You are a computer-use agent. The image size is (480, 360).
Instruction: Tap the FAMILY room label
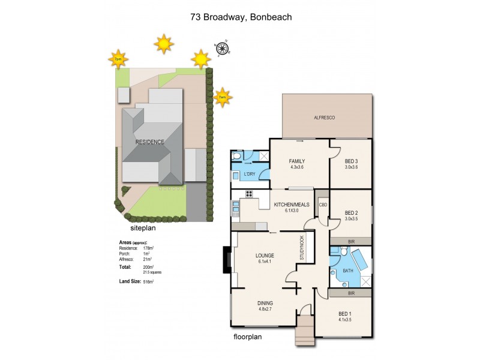tap(296, 161)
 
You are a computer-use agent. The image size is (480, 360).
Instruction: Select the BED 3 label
tap(351, 161)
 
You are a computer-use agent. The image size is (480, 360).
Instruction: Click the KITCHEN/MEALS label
tap(292, 205)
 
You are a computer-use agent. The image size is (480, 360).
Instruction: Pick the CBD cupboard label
tap(322, 205)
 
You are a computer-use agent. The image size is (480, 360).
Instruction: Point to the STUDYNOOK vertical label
tap(302, 247)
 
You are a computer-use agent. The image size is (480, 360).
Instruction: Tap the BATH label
tap(348, 271)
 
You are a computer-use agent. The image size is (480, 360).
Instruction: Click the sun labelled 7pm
tap(118, 59)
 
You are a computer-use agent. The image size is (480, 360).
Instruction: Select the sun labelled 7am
tap(222, 97)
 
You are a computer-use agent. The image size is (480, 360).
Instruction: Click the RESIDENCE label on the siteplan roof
tap(150, 142)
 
